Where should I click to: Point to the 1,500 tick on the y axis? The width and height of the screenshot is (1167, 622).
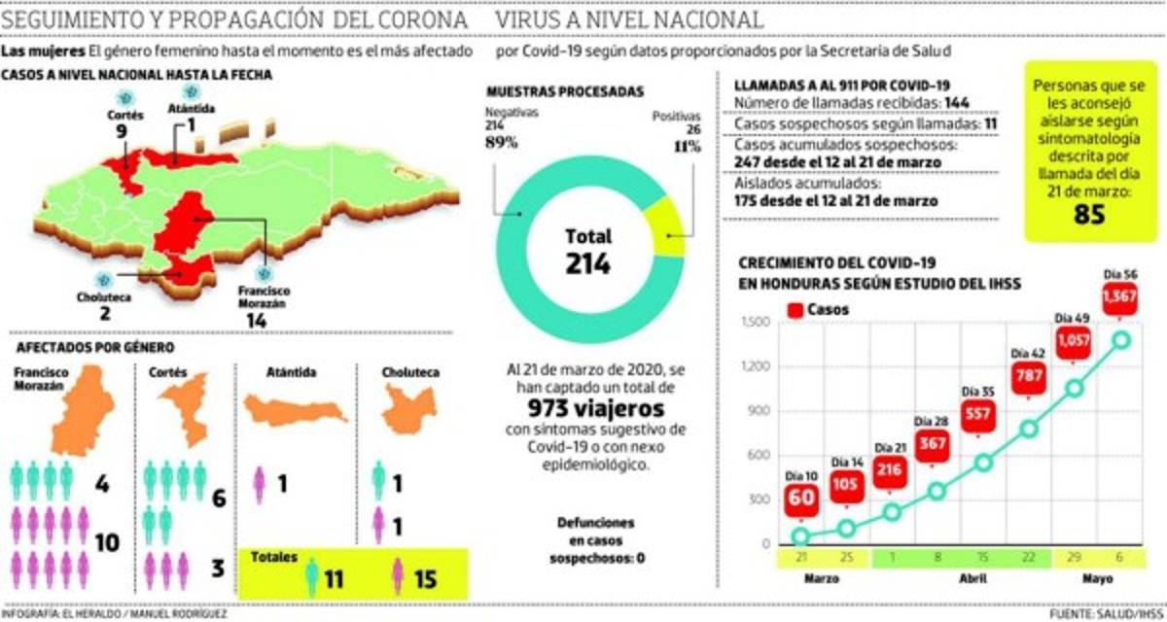[x=756, y=323]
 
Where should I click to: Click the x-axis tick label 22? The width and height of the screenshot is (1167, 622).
[x=1027, y=558]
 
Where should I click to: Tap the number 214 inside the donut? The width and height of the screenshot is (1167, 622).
[x=588, y=262]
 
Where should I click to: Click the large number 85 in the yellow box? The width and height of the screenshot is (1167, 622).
[x=1090, y=215]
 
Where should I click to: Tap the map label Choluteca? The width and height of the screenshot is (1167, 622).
[x=104, y=297]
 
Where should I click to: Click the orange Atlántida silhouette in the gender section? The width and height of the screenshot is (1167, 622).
[x=295, y=409]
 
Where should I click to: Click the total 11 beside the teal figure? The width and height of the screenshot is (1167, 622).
[x=335, y=579]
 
